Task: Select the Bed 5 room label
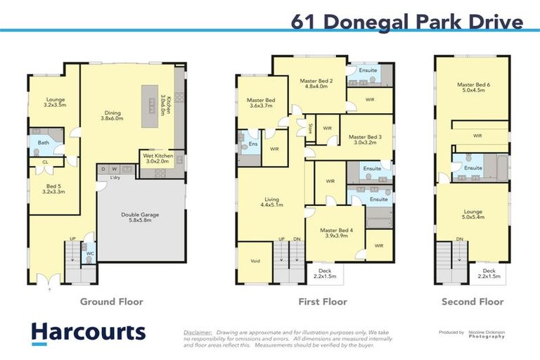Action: pos(53,187)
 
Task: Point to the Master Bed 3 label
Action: pos(364,140)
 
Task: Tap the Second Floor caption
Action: pos(472,302)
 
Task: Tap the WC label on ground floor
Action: pos(89,253)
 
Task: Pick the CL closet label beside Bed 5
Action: pos(45,162)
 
